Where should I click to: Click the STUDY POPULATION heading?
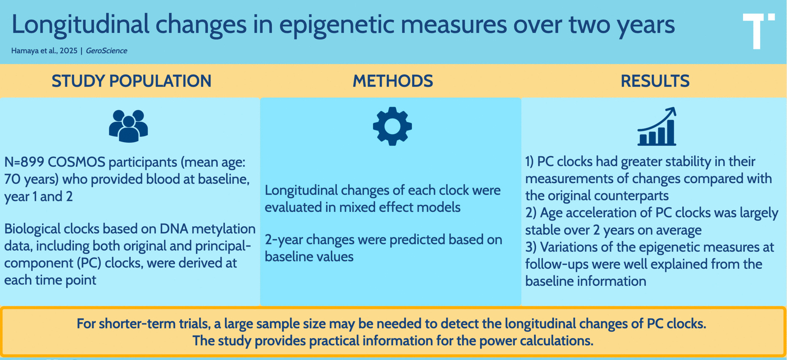click(131, 81)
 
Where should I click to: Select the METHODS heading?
click(393, 81)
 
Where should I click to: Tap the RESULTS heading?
click(655, 81)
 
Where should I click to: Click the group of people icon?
click(128, 126)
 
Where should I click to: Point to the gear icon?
click(392, 126)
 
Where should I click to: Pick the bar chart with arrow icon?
click(657, 127)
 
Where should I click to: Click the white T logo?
click(758, 31)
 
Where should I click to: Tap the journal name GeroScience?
click(106, 51)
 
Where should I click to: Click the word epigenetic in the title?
click(336, 24)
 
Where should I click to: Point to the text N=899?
click(24, 162)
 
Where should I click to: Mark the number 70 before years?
click(12, 179)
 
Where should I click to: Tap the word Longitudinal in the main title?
click(80, 24)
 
